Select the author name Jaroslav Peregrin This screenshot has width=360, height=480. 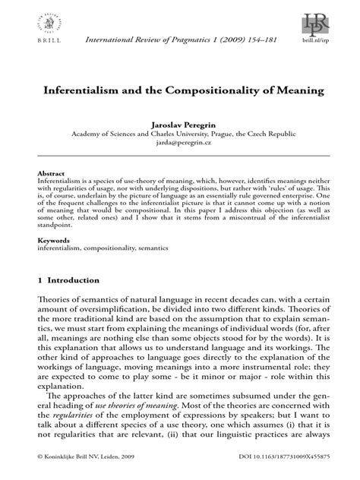click(179, 122)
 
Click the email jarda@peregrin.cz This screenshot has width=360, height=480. click(179, 141)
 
